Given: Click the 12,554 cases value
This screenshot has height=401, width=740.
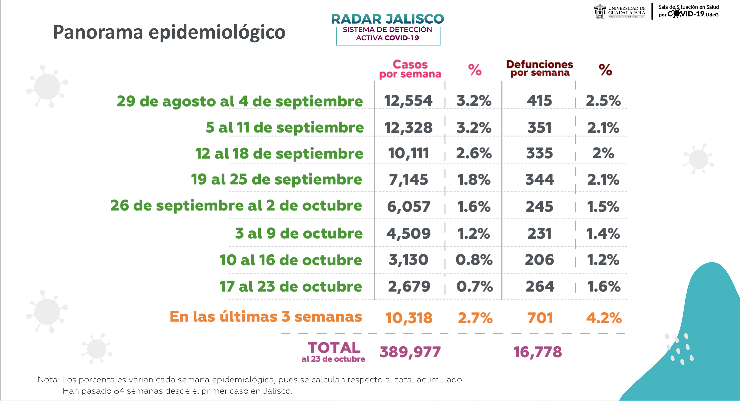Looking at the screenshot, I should [408, 101].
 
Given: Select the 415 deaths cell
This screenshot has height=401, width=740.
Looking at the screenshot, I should [539, 101].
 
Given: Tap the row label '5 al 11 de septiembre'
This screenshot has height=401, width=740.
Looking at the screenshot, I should [285, 127].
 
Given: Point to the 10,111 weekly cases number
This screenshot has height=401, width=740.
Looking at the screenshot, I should [408, 153].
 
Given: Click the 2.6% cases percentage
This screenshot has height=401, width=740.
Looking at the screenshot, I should [474, 153].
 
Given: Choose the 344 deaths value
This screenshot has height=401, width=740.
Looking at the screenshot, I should [539, 180].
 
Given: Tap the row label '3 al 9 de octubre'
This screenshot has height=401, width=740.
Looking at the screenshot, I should [299, 233].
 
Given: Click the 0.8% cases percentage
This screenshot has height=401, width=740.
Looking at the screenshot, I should [474, 260].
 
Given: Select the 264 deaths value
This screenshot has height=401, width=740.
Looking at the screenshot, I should [540, 286].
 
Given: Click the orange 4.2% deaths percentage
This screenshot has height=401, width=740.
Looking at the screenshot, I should [604, 318].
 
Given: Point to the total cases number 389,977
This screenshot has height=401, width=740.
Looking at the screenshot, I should [410, 352].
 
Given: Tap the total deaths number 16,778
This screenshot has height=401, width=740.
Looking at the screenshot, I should [537, 352].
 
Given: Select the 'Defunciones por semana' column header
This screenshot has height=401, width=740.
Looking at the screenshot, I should [539, 68].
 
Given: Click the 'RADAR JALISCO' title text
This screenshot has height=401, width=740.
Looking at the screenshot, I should [387, 19].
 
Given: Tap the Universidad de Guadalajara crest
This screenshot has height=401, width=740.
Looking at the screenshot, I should [600, 11].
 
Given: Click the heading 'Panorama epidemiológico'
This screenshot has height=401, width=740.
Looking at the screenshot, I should [169, 32].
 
